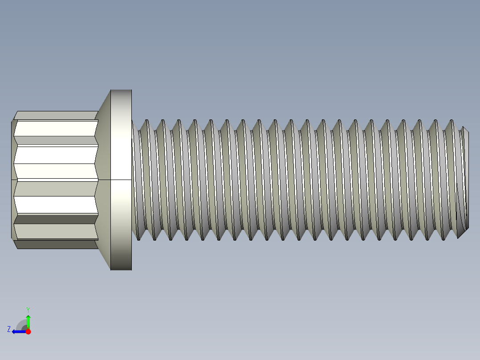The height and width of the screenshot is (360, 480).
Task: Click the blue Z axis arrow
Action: (17, 331)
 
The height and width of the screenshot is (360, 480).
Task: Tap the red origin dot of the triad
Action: (28, 331)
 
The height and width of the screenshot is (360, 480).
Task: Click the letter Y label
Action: (28, 309)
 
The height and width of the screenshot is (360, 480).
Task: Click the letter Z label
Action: (9, 329)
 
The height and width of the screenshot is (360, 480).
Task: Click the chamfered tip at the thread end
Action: (464, 178)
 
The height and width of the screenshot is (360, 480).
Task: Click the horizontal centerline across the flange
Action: (121, 180)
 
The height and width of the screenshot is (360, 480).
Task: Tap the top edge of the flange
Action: (121, 90)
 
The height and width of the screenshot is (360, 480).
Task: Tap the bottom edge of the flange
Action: (121, 270)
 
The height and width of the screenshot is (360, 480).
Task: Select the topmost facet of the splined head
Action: (56, 115)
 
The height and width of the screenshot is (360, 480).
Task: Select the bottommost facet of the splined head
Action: (56, 244)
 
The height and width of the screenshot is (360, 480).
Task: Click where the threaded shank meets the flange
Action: (132, 178)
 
